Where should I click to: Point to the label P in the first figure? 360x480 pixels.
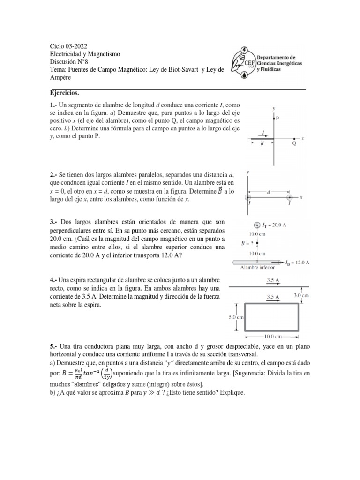(277, 119)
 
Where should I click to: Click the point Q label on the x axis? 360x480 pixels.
(294, 143)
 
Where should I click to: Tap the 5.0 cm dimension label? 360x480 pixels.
(234, 316)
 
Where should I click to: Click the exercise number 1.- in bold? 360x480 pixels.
(54, 103)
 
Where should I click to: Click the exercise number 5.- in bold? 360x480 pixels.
(54, 346)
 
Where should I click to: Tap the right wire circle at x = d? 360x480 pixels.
(289, 197)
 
